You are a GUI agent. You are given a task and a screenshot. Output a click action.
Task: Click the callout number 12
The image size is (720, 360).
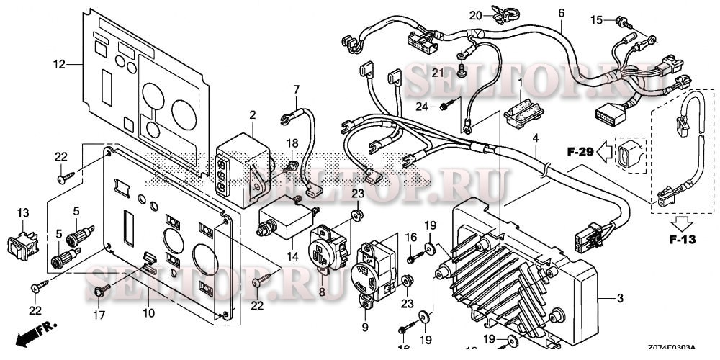(60, 65)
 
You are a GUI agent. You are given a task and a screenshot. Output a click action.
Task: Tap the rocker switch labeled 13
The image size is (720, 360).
(22, 244)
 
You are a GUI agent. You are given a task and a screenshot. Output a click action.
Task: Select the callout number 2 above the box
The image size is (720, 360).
(253, 114)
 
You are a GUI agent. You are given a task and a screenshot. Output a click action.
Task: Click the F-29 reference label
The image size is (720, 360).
(580, 151)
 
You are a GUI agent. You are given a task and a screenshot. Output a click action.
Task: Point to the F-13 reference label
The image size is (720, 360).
(682, 239)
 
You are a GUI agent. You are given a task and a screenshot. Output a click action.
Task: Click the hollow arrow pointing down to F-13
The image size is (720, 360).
(682, 223)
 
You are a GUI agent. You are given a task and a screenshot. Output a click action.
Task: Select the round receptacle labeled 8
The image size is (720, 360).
(328, 251)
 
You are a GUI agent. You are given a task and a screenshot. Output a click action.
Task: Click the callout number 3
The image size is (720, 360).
(620, 299)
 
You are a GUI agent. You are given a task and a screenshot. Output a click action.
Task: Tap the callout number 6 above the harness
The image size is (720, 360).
(561, 13)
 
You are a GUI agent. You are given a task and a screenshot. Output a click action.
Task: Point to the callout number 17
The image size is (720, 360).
(99, 315)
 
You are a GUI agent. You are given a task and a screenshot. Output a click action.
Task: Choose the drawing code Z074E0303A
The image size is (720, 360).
(672, 348)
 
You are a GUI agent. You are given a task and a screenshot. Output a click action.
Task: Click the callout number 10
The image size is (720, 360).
(148, 314)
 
